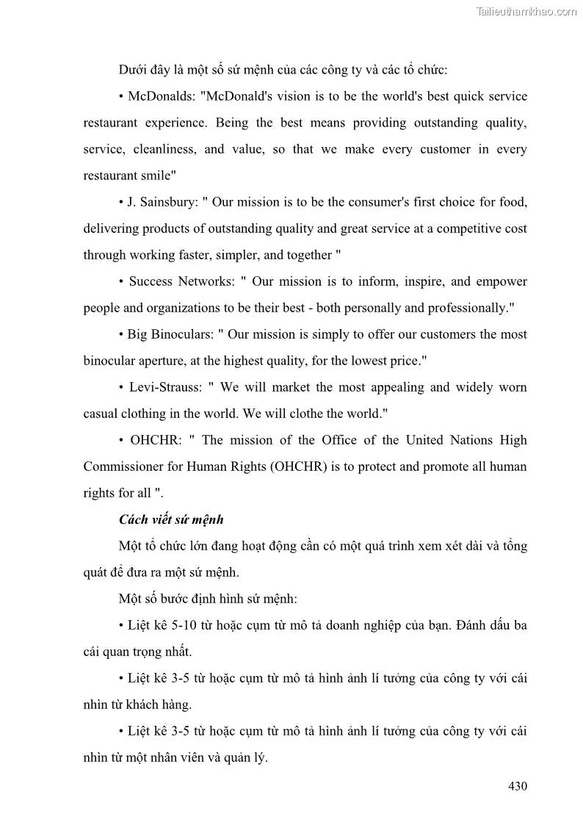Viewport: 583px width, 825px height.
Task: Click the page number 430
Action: (x=517, y=786)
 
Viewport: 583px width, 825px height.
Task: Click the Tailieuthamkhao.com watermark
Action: (x=526, y=11)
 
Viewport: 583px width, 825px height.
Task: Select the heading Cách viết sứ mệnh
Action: (x=171, y=519)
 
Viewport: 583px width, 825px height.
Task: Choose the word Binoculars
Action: (x=178, y=334)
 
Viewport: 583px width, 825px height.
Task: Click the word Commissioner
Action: (x=126, y=466)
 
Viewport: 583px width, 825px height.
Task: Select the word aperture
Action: (x=162, y=361)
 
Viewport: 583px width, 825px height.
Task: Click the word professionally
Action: (x=463, y=308)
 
